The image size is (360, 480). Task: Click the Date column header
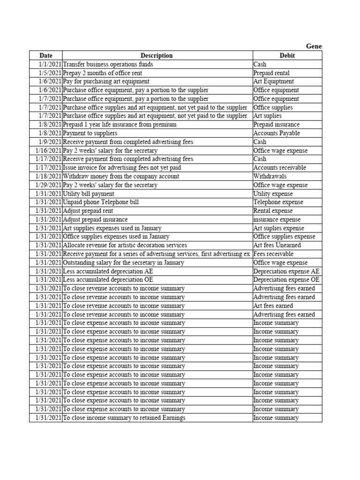pyautogui.click(x=46, y=56)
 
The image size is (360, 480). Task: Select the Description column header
pyautogui.click(x=157, y=56)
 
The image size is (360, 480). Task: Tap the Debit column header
pyautogui.click(x=287, y=56)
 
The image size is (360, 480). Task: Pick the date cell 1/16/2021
pyautogui.click(x=49, y=150)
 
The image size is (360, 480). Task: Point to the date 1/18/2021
pyautogui.click(x=49, y=176)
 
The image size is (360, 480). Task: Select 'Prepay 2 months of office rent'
pyautogui.click(x=102, y=73)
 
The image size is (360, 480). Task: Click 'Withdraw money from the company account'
pyautogui.click(x=121, y=176)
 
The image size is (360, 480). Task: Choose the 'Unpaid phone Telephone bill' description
pyautogui.click(x=101, y=202)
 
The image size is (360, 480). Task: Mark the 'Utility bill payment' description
pyautogui.click(x=89, y=194)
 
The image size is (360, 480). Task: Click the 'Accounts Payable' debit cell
pyautogui.click(x=277, y=133)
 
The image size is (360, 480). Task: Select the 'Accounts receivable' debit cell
pyautogui.click(x=279, y=168)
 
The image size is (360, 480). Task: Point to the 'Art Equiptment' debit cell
pyautogui.click(x=274, y=82)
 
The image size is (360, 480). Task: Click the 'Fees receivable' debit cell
pyautogui.click(x=273, y=254)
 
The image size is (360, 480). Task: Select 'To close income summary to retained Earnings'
pyautogui.click(x=124, y=418)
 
